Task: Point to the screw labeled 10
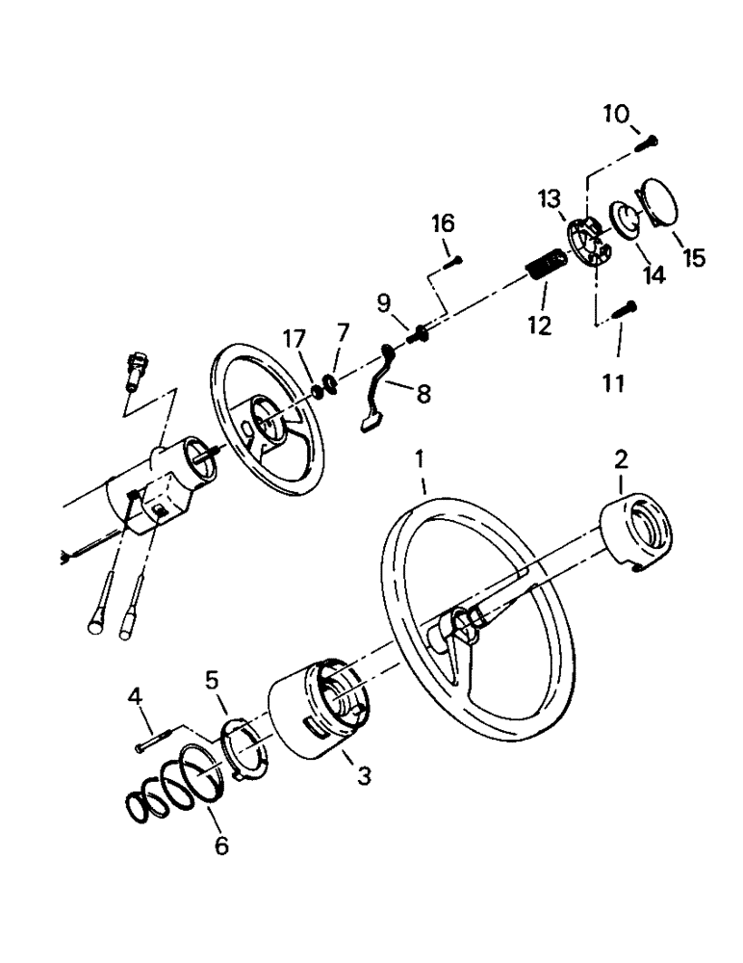coord(645,143)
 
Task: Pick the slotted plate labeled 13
coord(585,240)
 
